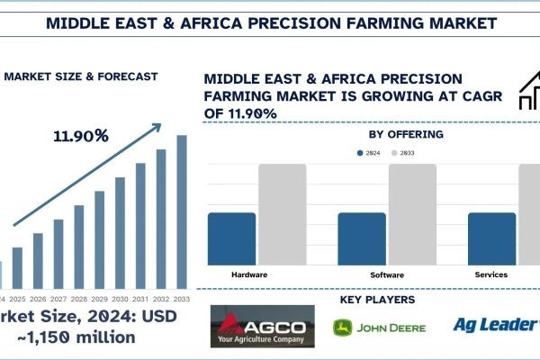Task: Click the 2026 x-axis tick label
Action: (38, 299)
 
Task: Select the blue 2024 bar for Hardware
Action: (231, 238)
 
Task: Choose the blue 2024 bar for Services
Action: (492, 238)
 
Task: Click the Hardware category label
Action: (249, 274)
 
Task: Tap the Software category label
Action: (387, 274)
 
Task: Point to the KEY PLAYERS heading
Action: (378, 299)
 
